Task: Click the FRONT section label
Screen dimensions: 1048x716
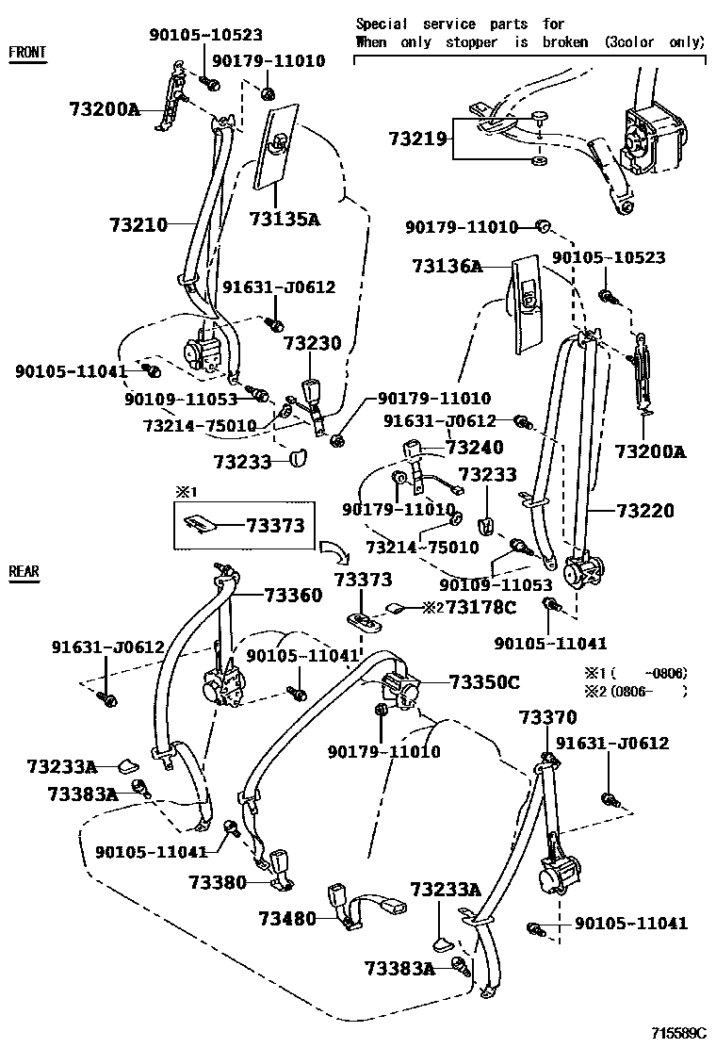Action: (x=27, y=52)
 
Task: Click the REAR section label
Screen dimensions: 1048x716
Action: (x=24, y=571)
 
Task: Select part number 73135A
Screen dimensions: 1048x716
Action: (x=285, y=220)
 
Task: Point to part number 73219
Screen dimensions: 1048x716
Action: (x=419, y=139)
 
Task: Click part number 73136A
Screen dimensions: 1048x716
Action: (x=447, y=267)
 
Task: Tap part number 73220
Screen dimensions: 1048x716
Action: (x=645, y=511)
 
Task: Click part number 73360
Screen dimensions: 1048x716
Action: (x=293, y=595)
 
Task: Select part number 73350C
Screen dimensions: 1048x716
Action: (x=484, y=681)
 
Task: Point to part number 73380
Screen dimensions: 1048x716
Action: (x=217, y=882)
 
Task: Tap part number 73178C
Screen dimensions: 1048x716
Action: (x=480, y=607)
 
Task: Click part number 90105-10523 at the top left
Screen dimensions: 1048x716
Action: (x=205, y=35)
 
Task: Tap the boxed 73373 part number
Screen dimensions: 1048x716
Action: (x=276, y=525)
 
